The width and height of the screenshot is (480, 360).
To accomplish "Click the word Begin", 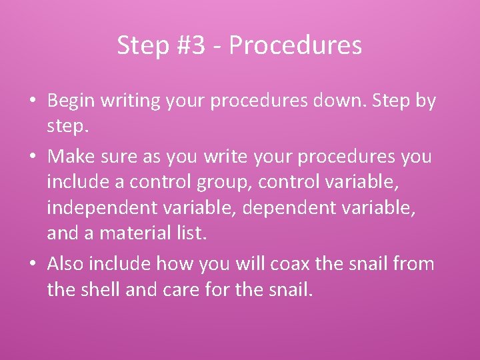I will click(x=71, y=101).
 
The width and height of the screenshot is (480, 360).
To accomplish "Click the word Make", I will click(x=73, y=157).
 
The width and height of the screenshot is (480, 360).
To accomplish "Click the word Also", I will click(x=66, y=264).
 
